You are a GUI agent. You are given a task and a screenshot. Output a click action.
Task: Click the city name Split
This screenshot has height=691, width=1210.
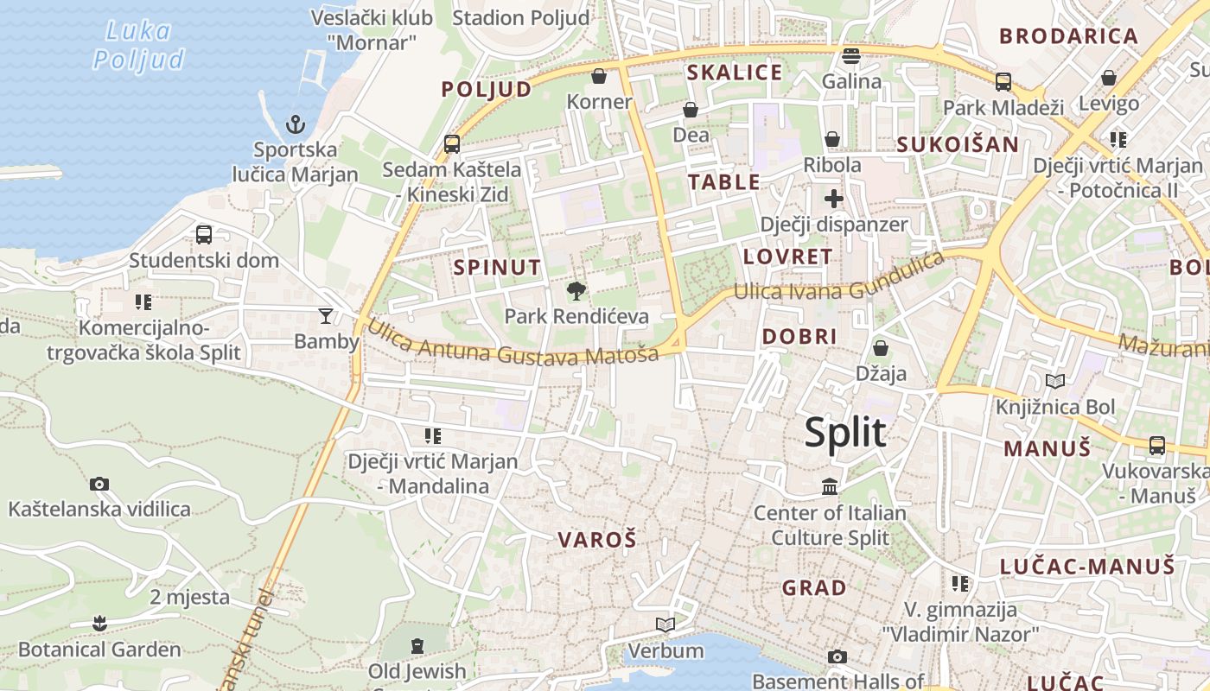844,432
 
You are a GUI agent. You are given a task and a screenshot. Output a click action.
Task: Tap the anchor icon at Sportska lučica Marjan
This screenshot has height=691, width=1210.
296,124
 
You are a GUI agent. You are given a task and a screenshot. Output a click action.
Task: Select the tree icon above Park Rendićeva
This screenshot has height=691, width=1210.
576,291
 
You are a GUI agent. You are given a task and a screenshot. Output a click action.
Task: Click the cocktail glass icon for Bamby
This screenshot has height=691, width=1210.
326,316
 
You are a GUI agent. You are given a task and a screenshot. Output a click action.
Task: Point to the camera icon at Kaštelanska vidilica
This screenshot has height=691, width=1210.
99,484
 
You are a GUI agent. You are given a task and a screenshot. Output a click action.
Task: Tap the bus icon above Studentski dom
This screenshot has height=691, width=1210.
204,234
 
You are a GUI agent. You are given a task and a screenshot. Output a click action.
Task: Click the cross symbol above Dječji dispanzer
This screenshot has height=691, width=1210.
833,200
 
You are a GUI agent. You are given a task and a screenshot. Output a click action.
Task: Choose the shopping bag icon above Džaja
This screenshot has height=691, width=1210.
880,348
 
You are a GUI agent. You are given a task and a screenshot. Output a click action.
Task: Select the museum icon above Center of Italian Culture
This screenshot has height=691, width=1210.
830,487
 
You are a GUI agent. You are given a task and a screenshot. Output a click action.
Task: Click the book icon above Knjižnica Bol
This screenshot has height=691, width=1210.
1054,381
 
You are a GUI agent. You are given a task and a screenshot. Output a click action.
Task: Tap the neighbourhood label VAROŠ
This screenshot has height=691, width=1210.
596,541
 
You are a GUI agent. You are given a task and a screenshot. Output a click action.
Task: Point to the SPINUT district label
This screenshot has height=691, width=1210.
497,268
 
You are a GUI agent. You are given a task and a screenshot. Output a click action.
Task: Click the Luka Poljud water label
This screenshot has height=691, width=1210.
138,45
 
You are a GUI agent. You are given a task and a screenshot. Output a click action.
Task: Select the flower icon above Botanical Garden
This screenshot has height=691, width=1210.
99,623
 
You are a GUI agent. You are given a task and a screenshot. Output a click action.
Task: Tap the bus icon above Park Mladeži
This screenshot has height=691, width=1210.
1003,82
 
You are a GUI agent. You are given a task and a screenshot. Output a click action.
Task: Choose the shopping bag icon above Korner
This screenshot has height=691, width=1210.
599,77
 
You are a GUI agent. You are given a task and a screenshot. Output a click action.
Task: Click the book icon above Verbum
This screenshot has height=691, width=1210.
665,624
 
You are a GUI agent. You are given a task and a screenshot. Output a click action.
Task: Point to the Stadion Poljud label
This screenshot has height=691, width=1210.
521,17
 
